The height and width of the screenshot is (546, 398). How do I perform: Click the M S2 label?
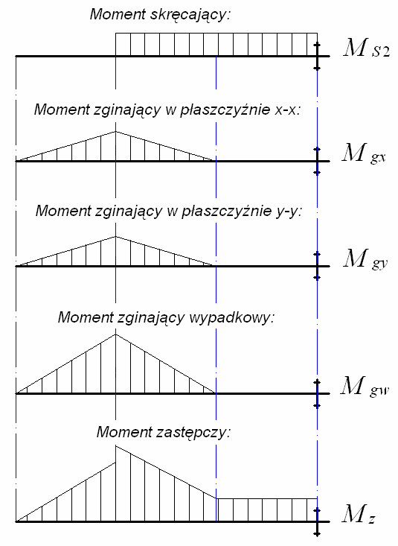[366, 48]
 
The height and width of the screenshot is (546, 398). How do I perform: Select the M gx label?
[364, 153]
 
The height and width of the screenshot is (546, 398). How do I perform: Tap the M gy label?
[365, 259]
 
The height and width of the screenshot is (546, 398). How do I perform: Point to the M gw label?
[365, 387]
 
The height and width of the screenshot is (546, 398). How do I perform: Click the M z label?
[359, 514]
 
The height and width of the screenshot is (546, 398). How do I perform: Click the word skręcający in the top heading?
[190, 15]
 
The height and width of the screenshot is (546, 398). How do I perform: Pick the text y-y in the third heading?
[289, 211]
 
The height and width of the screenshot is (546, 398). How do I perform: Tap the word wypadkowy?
[231, 317]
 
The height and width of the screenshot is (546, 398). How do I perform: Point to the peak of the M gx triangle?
[115, 131]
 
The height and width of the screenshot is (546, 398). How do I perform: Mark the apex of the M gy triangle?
[115, 236]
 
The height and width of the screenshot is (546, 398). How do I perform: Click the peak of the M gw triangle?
[115, 334]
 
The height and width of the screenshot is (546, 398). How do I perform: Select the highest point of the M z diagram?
[116, 446]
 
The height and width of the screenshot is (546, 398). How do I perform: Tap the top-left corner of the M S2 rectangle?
[115, 33]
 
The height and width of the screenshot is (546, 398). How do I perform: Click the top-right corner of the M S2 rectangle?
[317, 33]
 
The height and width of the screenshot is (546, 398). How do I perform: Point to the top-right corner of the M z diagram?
[317, 498]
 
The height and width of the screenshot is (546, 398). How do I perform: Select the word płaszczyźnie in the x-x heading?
[225, 109]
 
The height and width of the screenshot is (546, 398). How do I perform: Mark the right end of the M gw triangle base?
[216, 393]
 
